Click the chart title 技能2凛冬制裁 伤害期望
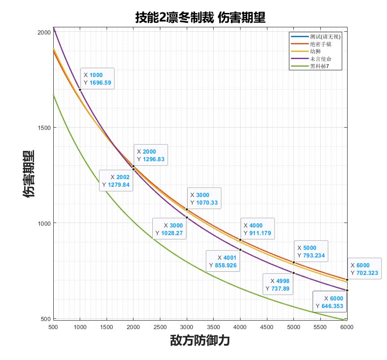[x=200, y=17]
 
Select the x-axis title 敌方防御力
[x=200, y=341]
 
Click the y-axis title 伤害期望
[x=29, y=174]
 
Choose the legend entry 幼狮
[x=315, y=51]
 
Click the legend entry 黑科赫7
[x=319, y=67]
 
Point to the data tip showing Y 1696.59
[x=97, y=79]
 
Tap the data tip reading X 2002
[x=116, y=181]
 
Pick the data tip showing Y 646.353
[x=329, y=302]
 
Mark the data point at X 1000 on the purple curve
[x=80, y=90]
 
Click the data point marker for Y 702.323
[x=347, y=280]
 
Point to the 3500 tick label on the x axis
[x=213, y=327]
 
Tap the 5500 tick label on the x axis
[x=320, y=327]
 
